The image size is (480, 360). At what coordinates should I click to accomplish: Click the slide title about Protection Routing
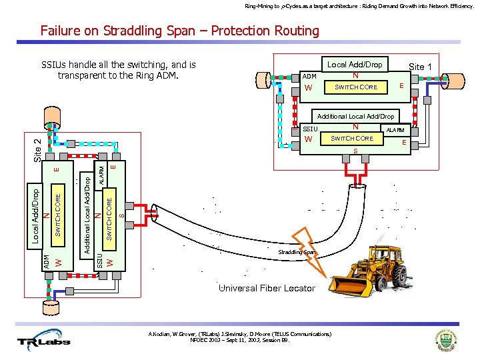point(180,31)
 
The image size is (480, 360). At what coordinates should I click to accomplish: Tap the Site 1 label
point(420,67)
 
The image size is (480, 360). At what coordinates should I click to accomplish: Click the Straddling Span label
point(296,253)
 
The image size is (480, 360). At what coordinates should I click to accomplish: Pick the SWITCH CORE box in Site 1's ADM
point(356,87)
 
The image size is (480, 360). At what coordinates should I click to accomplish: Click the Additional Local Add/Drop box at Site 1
point(356,116)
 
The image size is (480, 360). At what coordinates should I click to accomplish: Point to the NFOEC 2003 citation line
point(240,339)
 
